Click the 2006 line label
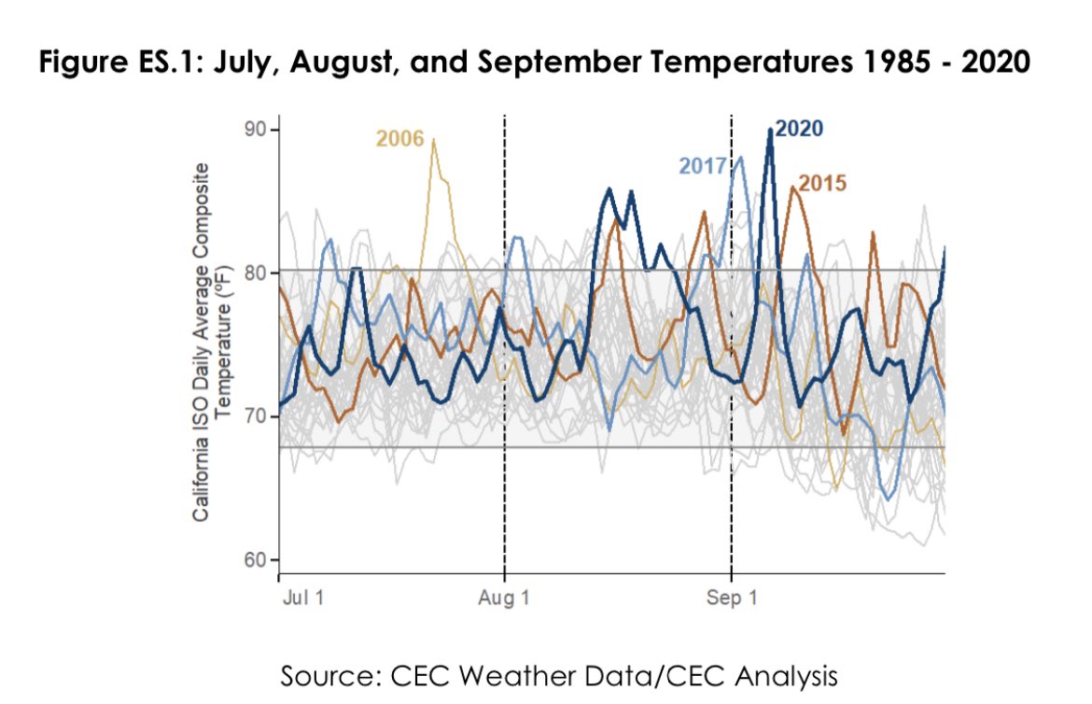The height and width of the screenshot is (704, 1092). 399,140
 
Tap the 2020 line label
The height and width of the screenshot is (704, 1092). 799,129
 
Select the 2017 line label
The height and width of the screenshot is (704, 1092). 703,166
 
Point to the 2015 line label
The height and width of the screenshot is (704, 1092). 821,182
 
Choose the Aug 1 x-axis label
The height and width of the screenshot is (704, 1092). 504,598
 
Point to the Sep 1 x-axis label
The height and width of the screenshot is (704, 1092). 731,598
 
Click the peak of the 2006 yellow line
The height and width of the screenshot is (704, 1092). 433,139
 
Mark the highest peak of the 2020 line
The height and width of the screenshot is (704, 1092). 770,130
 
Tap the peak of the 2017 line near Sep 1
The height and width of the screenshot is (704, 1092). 740,158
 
